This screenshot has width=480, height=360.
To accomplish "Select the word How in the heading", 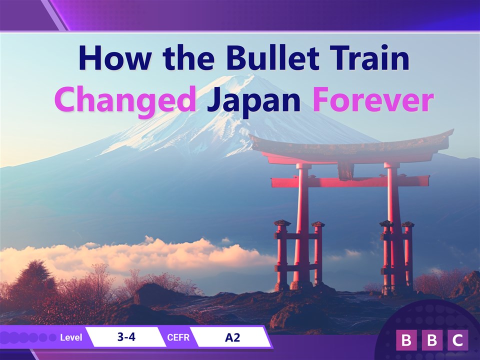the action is (x=115, y=58).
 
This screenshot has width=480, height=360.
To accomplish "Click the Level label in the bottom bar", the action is (x=71, y=337).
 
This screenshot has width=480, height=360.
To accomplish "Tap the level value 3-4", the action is (x=126, y=337).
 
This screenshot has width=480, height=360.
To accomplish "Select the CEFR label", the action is (x=178, y=337).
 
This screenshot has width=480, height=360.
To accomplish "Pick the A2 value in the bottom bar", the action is (x=232, y=337).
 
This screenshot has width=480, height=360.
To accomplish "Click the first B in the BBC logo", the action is (x=406, y=340).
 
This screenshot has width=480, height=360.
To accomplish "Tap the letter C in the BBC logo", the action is (x=457, y=340).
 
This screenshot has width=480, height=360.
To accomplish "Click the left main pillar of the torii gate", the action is (x=302, y=226).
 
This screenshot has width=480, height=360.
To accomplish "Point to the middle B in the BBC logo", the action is (x=432, y=340).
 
